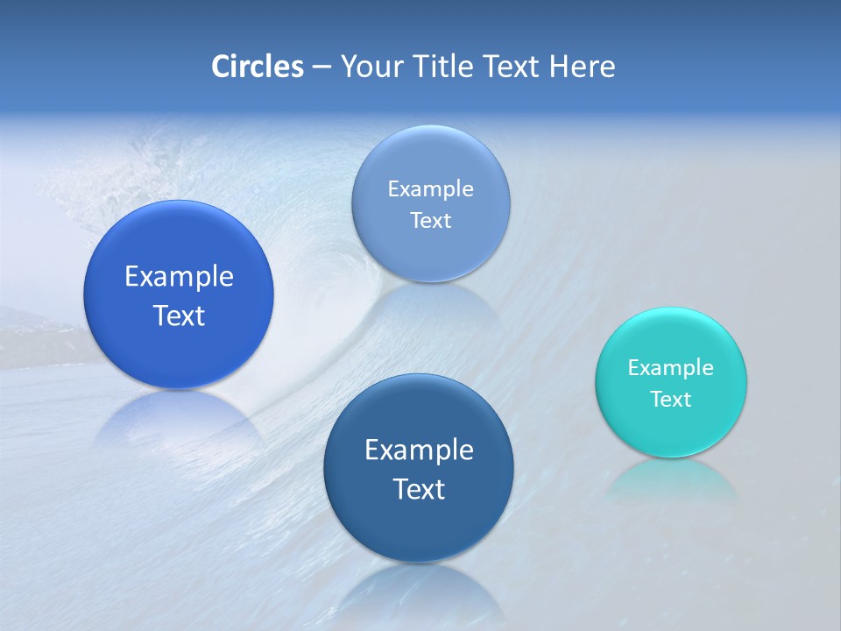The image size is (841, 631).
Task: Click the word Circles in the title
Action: click(x=258, y=67)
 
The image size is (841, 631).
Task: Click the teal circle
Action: click(x=671, y=382)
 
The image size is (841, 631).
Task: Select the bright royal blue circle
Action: click(x=179, y=294)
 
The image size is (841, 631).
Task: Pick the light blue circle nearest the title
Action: click(x=431, y=203)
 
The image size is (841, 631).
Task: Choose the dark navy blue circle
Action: click(x=419, y=468)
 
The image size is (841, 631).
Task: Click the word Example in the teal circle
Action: click(x=671, y=368)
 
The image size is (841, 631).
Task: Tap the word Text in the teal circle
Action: click(x=671, y=400)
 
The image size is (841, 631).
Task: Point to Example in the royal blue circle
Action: click(x=179, y=277)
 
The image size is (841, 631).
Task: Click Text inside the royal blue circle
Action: click(x=179, y=315)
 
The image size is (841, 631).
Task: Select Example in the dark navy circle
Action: click(x=419, y=450)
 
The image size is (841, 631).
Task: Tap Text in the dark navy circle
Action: click(x=419, y=489)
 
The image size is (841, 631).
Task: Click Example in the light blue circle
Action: click(x=431, y=189)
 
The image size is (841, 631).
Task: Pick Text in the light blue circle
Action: click(x=431, y=221)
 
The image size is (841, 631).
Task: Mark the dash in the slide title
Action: click(x=321, y=67)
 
